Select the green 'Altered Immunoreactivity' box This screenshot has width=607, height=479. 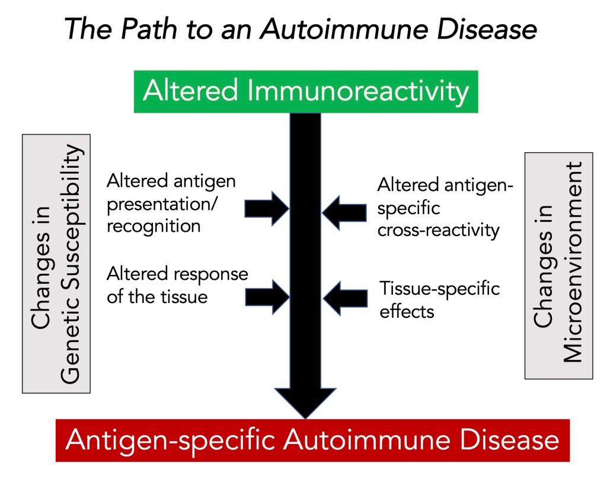305,91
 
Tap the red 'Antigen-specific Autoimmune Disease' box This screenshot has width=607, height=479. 312,440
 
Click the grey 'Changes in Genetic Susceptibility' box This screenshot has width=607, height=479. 56,263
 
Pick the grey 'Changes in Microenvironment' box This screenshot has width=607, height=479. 559,265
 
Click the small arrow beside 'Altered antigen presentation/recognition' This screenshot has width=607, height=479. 266,208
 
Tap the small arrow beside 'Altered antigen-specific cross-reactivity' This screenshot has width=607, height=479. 344,212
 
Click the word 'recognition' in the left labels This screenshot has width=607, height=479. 154,226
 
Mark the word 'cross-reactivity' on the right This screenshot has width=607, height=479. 439,230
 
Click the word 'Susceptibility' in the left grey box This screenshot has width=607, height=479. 71,263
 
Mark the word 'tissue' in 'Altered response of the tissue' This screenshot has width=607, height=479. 186,295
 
